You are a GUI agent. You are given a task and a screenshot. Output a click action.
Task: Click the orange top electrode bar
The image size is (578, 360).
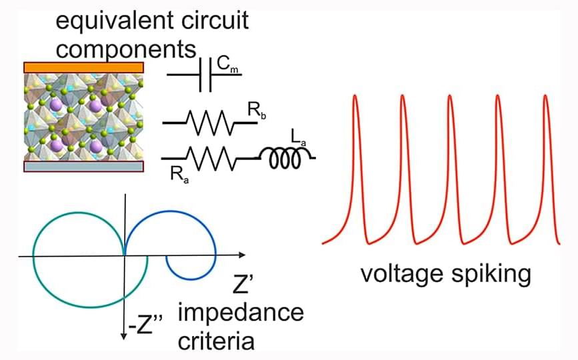pos(83,67)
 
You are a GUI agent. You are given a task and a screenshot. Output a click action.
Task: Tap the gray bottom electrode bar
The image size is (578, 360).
pos(83,166)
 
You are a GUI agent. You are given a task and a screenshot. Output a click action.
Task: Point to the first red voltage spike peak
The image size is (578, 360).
pos(355,97)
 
